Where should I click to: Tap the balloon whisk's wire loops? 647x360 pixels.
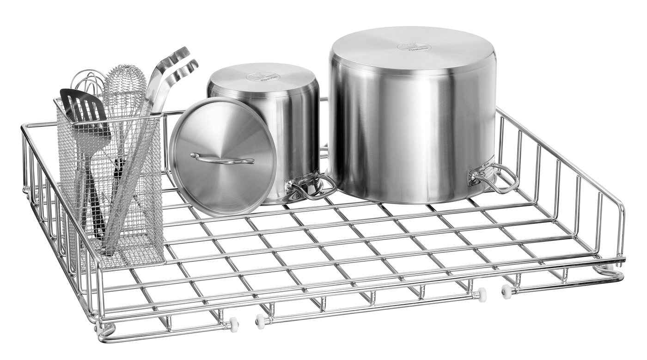click(x=88, y=83)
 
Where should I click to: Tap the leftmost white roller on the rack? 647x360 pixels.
click(x=234, y=324)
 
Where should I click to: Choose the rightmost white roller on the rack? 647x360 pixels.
click(x=507, y=290)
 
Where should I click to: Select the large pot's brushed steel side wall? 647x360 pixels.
click(x=407, y=129)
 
